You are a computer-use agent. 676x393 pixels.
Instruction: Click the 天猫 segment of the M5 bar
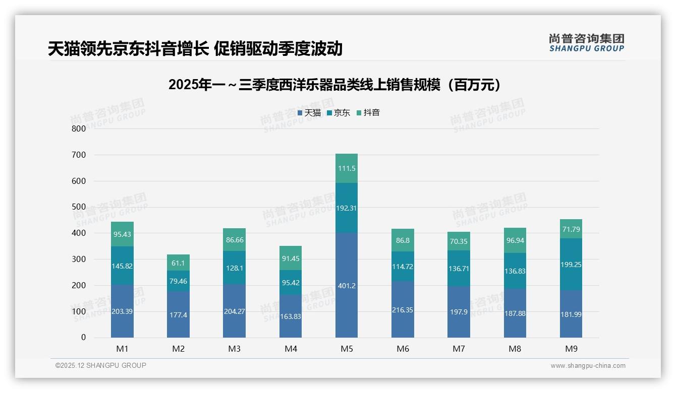tap(347, 285)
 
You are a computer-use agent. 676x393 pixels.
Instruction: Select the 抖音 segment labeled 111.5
tap(347, 168)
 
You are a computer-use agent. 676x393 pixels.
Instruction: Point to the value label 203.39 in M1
tap(122, 311)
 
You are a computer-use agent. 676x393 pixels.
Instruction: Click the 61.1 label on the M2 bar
tap(178, 263)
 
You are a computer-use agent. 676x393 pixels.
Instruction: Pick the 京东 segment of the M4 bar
tap(291, 283)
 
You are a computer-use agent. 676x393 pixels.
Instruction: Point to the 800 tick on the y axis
tap(79, 128)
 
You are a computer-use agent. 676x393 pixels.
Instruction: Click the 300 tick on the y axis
tap(79, 259)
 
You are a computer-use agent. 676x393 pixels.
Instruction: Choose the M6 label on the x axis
tap(403, 349)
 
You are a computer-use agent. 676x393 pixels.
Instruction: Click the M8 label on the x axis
tap(515, 349)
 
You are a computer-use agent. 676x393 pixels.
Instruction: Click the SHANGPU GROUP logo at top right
tap(586, 43)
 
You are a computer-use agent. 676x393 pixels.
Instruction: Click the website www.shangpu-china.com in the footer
tap(588, 366)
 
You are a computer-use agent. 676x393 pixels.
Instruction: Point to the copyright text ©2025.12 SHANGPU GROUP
tap(101, 365)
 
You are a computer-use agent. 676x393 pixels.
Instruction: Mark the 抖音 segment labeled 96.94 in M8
tap(515, 241)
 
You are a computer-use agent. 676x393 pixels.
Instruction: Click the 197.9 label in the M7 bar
tap(459, 312)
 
